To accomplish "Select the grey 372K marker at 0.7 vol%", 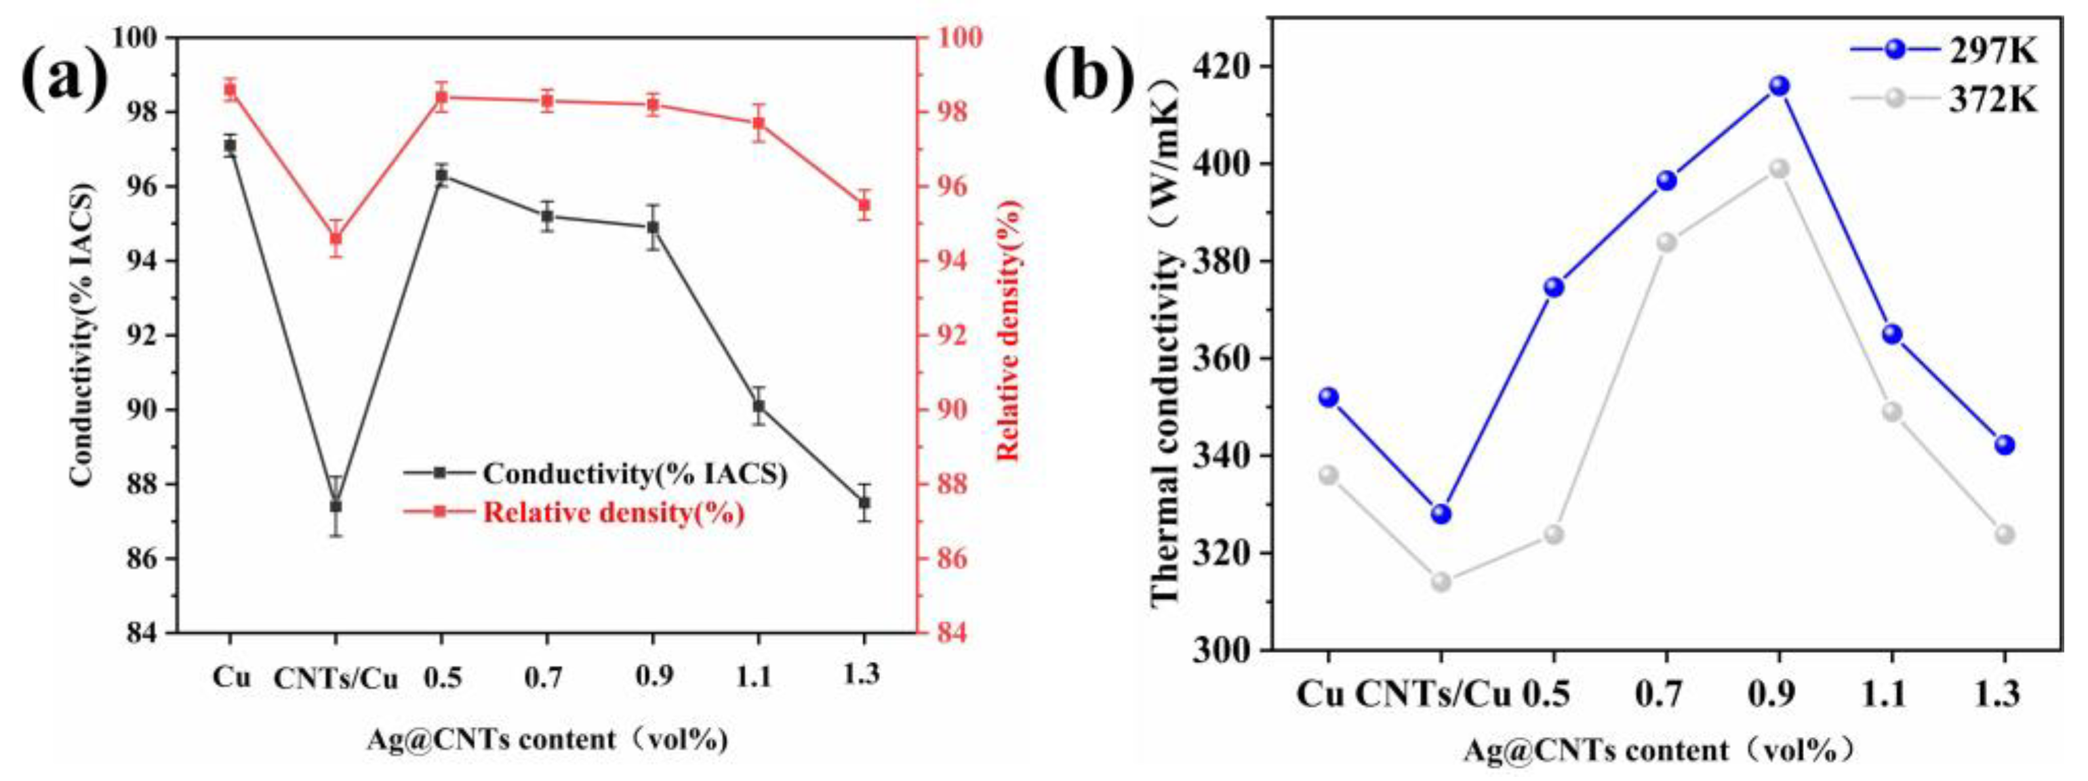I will pos(1666,242).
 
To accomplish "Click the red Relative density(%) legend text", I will pos(614,513).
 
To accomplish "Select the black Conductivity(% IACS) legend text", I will pos(635,474).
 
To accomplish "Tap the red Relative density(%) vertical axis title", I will pos(1008,331).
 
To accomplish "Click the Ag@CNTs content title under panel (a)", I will pos(547,740).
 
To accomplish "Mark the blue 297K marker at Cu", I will pos(1329,397).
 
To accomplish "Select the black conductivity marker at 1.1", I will pos(759,406).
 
